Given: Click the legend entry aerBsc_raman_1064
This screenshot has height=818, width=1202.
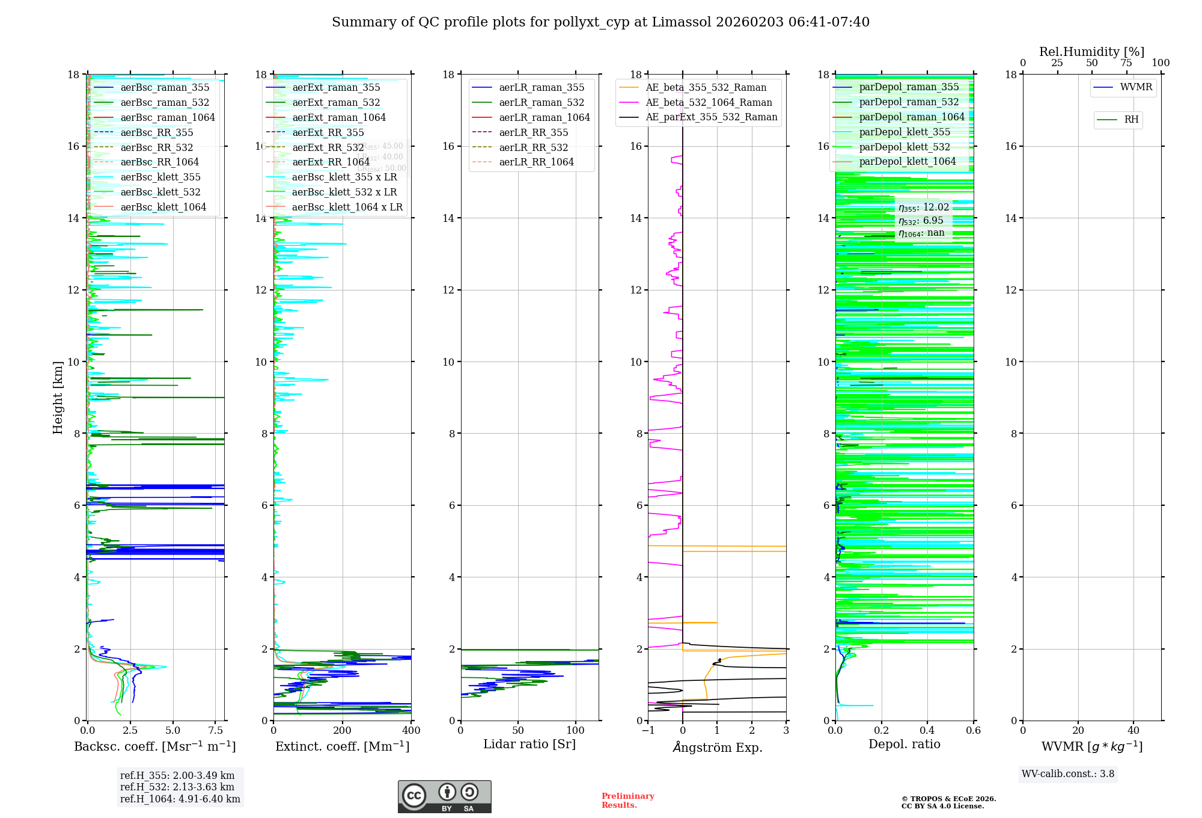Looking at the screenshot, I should coord(167,117).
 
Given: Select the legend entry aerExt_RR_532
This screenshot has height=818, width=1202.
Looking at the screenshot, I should coord(328,147).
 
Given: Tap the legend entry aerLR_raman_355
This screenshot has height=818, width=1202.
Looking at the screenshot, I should coord(541,87).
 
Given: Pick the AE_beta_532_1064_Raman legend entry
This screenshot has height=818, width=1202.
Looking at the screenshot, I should coord(709,102).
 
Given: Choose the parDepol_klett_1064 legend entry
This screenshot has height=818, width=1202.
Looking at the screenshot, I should coord(907,161).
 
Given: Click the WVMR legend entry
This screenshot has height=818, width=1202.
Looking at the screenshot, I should coord(1135,87).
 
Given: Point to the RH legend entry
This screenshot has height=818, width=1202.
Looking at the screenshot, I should coord(1130,120).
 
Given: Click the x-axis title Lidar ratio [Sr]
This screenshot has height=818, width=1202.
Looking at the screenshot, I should coord(529,744).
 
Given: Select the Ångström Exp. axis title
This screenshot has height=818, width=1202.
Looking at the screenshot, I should coord(718,747).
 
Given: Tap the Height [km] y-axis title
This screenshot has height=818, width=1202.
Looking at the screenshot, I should coord(58,398).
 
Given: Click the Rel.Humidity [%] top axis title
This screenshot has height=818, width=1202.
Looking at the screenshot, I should coord(1091,52).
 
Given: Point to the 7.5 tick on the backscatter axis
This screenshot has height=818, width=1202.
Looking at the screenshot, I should coord(216,731).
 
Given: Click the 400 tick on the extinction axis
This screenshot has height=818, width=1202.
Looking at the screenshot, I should coord(411,731).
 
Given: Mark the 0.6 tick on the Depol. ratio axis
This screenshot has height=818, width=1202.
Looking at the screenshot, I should coord(973,731).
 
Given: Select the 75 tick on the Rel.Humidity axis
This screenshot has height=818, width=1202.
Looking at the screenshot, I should coord(1126,63).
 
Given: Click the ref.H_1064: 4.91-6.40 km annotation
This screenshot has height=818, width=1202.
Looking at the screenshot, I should coord(180,799).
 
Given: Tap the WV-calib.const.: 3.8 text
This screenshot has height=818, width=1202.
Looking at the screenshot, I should coord(1068,773).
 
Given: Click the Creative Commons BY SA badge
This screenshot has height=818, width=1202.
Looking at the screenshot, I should coord(444,796).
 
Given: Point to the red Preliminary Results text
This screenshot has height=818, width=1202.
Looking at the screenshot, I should coord(627,800).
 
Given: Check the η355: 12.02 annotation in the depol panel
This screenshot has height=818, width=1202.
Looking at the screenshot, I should coord(924,208).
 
